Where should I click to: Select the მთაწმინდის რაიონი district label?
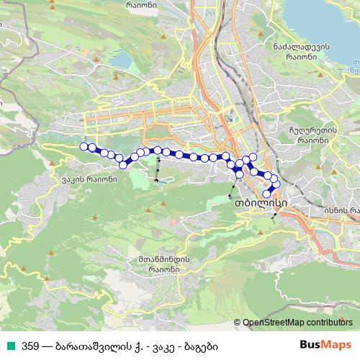(165, 264)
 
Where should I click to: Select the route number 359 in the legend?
(30, 346)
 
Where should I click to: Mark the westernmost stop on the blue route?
(84, 146)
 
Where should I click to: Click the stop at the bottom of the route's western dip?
(123, 164)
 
